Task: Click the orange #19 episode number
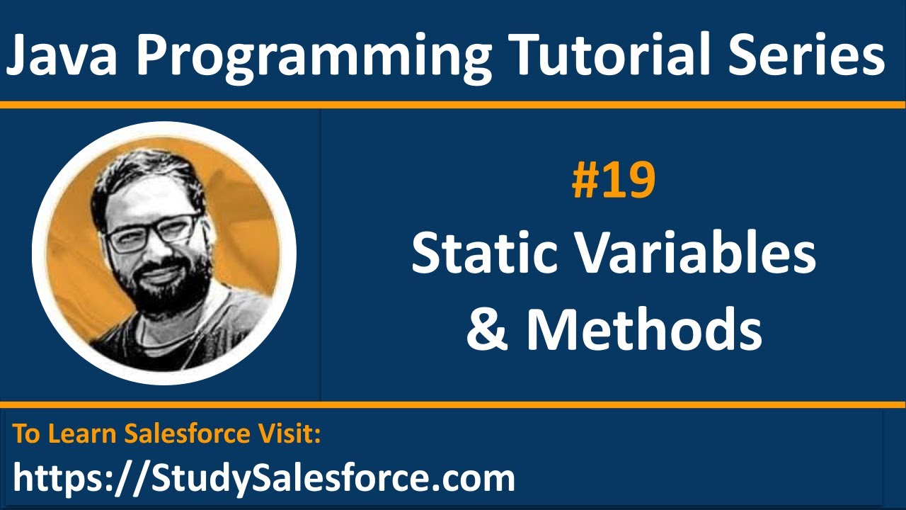614,181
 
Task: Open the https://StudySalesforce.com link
263,478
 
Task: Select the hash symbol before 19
583,181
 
